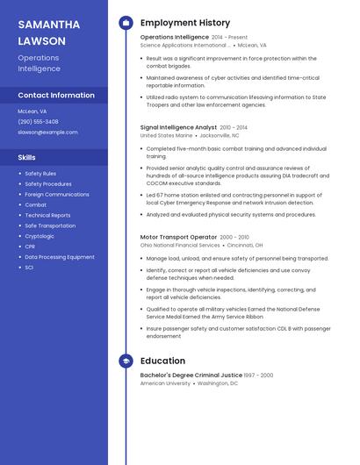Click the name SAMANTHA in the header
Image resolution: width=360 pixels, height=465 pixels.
tap(48, 25)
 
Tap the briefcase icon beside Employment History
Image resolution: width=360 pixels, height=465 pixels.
tap(126, 23)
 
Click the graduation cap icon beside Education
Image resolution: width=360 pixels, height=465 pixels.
tap(126, 361)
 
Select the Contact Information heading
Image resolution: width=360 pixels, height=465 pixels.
tap(56, 95)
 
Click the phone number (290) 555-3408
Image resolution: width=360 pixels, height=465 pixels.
tap(38, 122)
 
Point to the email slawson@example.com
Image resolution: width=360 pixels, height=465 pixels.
tap(47, 132)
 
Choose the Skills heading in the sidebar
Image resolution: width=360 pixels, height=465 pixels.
tap(27, 158)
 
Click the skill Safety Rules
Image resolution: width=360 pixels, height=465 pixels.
tap(40, 174)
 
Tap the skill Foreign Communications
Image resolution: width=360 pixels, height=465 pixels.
tap(57, 195)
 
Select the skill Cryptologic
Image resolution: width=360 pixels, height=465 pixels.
tap(40, 236)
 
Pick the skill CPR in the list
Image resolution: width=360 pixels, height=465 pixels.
tap(30, 247)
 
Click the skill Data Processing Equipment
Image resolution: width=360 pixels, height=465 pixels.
tap(60, 257)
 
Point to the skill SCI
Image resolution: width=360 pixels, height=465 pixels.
tap(29, 268)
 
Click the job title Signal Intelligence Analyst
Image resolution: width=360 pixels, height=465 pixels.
tap(178, 127)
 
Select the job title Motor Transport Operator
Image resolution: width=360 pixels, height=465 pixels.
tap(178, 237)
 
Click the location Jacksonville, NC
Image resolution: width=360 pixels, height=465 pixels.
tap(219, 136)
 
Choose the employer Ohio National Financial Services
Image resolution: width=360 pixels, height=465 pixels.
tap(180, 246)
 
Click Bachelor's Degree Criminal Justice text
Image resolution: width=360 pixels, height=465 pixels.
tap(191, 375)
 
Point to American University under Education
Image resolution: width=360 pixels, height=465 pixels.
tap(165, 383)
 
